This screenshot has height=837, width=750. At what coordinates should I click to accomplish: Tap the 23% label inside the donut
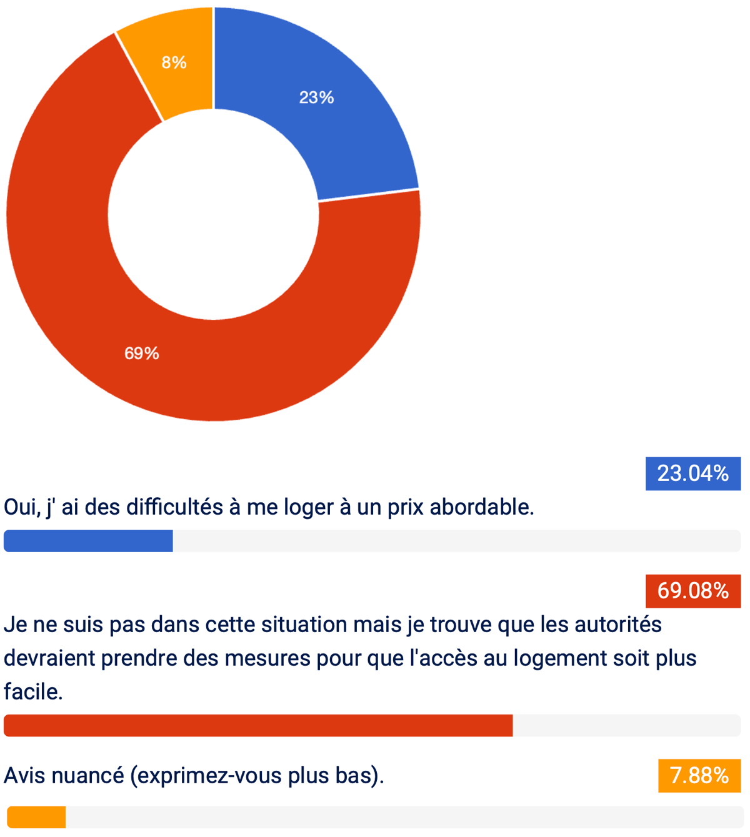click(x=316, y=97)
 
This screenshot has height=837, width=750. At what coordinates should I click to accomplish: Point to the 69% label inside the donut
click(x=142, y=354)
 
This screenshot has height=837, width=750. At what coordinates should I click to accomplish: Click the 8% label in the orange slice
click(x=174, y=62)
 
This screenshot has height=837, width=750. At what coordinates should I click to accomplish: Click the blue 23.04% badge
click(x=693, y=473)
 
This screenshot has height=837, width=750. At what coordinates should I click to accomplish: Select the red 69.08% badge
click(x=693, y=591)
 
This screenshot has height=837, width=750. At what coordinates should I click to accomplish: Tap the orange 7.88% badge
click(x=699, y=775)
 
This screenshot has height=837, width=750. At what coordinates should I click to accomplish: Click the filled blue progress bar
click(x=88, y=541)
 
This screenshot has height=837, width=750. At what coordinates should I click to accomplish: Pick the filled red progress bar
click(x=258, y=725)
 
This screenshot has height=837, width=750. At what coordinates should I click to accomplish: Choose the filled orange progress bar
click(x=36, y=817)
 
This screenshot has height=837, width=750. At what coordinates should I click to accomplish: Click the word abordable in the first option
click(x=482, y=507)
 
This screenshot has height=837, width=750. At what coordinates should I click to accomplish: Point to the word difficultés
click(x=174, y=507)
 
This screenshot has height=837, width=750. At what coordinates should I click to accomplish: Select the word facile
click(x=33, y=692)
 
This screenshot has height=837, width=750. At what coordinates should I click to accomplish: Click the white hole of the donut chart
click(x=213, y=214)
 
